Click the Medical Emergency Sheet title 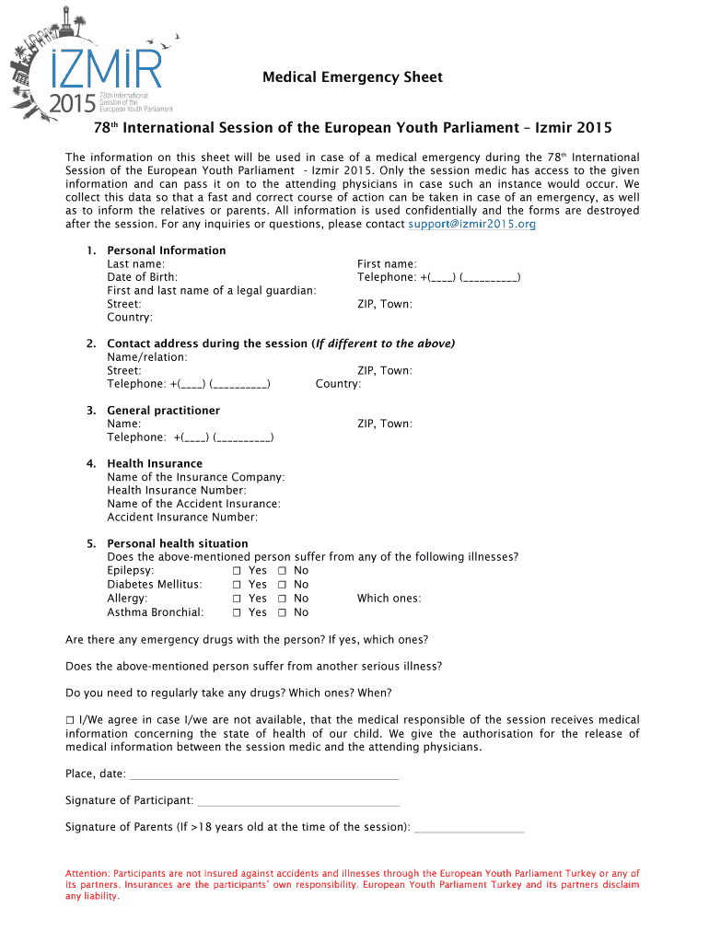click(353, 77)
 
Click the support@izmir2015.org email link click(471, 224)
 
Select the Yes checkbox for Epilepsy click(237, 571)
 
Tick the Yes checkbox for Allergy click(237, 599)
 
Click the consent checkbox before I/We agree click(70, 720)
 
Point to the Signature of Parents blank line click(469, 829)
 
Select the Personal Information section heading click(166, 250)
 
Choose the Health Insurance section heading click(155, 463)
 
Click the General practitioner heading click(163, 411)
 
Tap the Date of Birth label click(143, 277)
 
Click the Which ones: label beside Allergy click(389, 599)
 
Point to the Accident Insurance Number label click(182, 518)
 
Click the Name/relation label click(147, 357)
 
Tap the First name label click(387, 264)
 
